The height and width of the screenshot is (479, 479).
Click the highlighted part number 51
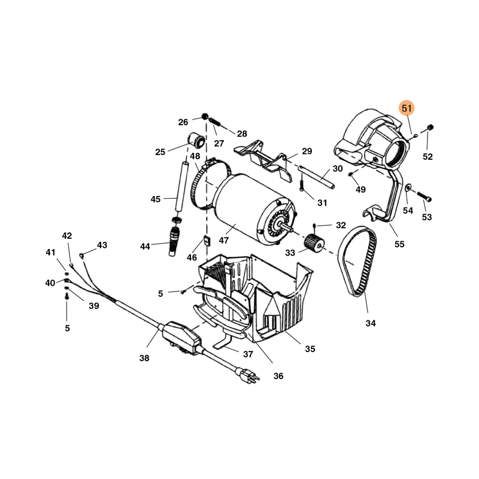(407, 108)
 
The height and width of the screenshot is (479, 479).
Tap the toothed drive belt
(357, 261)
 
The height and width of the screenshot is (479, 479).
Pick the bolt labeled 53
(424, 196)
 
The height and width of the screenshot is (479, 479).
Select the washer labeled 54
(408, 187)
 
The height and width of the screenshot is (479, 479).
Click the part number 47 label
(223, 241)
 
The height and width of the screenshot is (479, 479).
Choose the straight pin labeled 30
(316, 177)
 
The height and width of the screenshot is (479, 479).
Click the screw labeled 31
(302, 182)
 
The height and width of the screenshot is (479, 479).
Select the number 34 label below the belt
(370, 323)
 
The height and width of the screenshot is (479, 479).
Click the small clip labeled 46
(207, 240)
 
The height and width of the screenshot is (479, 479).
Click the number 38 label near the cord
(144, 357)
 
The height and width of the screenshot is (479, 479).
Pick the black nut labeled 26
(205, 116)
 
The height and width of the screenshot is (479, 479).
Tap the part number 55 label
(399, 244)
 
